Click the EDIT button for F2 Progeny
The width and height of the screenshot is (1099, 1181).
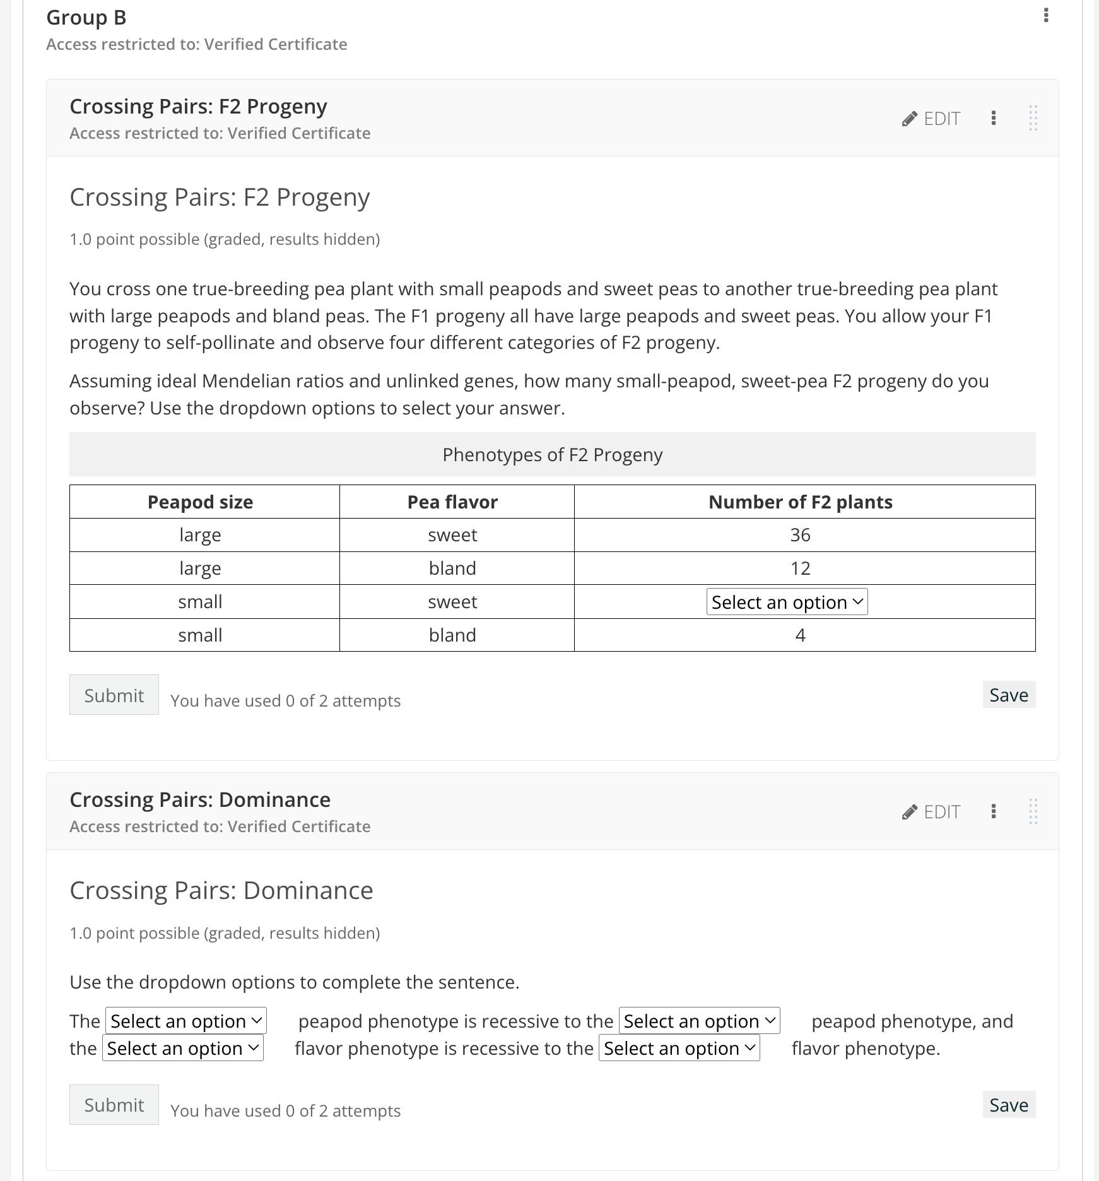coord(932,119)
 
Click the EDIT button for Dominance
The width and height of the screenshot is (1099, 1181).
coord(932,812)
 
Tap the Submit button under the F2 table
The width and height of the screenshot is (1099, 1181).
coord(114,695)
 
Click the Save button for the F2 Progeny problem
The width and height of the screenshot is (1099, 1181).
coord(1008,695)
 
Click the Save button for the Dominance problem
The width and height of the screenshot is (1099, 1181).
coord(1008,1105)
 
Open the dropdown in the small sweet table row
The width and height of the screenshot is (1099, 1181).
coord(787,602)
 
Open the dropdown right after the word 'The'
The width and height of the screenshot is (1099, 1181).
coord(186,1021)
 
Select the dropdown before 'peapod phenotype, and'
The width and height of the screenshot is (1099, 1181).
coord(699,1021)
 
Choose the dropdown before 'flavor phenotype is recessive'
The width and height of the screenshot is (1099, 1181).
coord(183,1048)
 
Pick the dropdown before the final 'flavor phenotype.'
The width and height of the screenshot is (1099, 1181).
coord(679,1048)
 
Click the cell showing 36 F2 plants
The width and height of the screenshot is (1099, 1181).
coord(800,535)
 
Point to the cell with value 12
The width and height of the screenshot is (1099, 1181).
coord(800,568)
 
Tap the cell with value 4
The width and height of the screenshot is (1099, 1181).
coord(800,635)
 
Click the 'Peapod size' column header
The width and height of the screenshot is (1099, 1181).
coord(200,502)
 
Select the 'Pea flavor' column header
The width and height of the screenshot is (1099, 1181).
coord(452,502)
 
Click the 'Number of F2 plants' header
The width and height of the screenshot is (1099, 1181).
coord(800,502)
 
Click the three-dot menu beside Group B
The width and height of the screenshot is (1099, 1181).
coord(1046,15)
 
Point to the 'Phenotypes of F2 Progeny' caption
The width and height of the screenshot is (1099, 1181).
coord(552,454)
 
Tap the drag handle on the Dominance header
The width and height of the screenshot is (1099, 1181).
coord(1033,811)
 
